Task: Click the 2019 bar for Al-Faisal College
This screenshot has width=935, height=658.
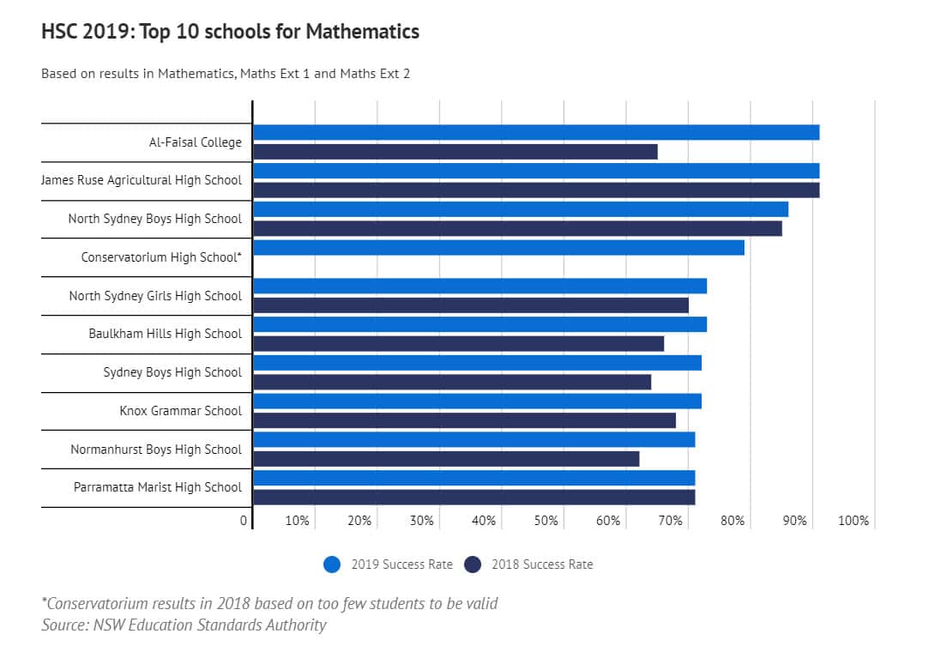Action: coord(536,132)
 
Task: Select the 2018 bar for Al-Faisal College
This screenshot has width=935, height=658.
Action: coord(455,152)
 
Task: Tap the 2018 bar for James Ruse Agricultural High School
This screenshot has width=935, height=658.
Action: coord(536,190)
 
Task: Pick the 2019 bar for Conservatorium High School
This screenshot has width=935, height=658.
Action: coord(498,248)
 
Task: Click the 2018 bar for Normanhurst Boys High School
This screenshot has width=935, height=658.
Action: coord(446,459)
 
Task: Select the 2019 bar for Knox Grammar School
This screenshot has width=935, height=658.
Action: coord(477,401)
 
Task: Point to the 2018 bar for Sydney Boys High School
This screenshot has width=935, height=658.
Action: coord(452,383)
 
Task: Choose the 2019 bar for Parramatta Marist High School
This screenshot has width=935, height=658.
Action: coord(474,478)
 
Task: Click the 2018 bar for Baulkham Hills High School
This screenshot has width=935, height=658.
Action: coord(458,344)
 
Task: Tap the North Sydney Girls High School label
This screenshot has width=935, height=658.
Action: coord(155,296)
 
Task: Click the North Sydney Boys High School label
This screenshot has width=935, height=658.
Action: coord(154,219)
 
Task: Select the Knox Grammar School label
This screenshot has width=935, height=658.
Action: coord(180,411)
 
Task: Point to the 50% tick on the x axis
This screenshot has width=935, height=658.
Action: coord(546,521)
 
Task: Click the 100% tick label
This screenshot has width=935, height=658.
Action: coord(853,521)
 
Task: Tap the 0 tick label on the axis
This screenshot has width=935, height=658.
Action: coord(244,521)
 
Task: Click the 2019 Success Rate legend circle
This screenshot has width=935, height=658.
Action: coord(333,564)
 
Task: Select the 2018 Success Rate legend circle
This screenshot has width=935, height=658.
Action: coord(473,564)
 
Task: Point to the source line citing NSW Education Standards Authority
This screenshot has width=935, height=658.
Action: coord(184,625)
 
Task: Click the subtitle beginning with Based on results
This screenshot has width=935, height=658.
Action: coord(226,74)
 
